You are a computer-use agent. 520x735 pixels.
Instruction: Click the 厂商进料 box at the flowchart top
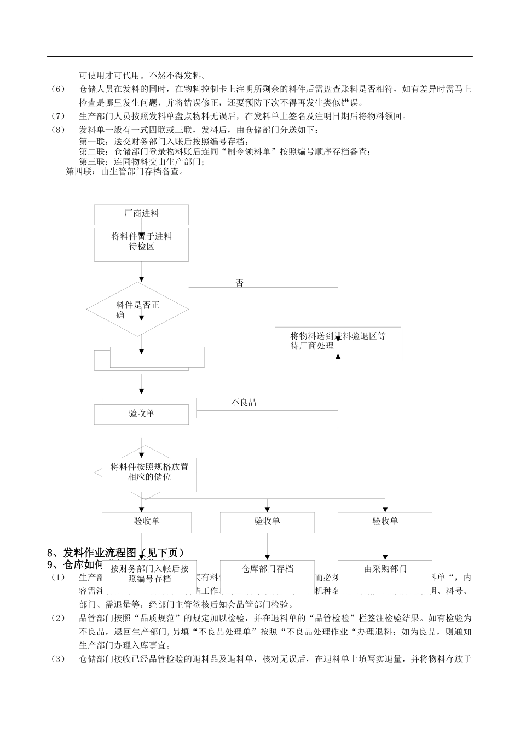point(141,214)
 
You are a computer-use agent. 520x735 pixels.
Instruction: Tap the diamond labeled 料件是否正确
point(137,310)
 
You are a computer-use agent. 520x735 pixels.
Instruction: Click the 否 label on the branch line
point(239,283)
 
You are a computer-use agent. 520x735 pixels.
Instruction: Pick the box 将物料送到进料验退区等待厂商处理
point(337,343)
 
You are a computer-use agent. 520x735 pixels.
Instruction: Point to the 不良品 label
point(244,402)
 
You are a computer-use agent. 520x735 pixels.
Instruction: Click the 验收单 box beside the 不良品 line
point(141,413)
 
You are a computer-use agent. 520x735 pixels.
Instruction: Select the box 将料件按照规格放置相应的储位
point(149,472)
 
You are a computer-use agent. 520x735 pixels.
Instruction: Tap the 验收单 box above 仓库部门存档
point(267,522)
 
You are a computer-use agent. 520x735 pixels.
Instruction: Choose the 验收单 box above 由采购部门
point(385,522)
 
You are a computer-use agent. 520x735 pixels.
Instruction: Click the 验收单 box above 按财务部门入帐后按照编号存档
point(147,522)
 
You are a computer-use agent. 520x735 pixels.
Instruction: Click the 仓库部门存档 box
point(267,569)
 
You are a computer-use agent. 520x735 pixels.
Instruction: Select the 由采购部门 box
point(385,569)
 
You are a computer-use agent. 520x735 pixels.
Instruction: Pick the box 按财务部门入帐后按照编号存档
point(149,574)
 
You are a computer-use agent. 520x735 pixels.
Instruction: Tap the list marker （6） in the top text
point(58,89)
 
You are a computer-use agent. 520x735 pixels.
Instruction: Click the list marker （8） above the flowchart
point(58,130)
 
